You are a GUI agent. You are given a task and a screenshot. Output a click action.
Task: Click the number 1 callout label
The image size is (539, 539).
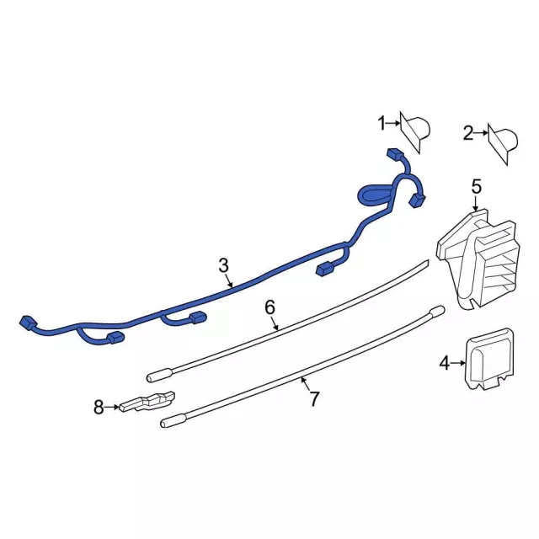point(381,124)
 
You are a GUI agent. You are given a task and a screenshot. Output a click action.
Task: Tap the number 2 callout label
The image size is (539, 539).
point(467,132)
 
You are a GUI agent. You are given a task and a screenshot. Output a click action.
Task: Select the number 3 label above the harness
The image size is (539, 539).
point(223,265)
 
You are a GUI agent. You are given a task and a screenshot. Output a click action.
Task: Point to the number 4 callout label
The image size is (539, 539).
point(445,364)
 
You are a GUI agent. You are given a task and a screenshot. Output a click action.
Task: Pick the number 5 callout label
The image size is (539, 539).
point(476,186)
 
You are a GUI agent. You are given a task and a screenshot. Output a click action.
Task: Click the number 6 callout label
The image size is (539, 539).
point(269,307)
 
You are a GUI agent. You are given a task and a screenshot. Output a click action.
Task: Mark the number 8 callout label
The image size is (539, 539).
point(99,408)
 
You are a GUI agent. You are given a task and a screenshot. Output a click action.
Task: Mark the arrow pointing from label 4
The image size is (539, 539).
point(459,364)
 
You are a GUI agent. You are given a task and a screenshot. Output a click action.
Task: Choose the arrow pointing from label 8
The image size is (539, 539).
point(113,408)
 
